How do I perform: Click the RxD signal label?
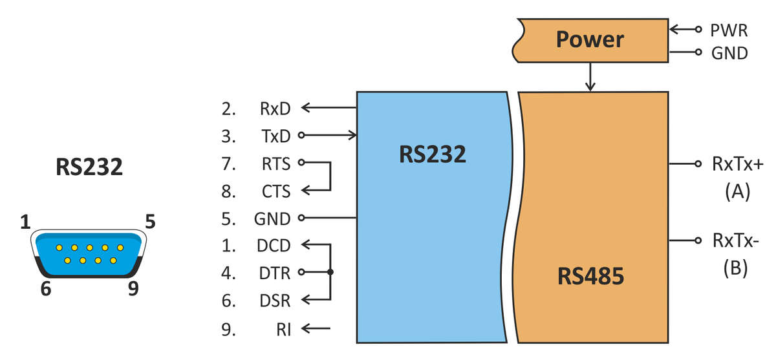[x=275, y=109]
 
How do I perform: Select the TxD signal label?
[x=275, y=136]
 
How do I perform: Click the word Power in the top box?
[x=590, y=39]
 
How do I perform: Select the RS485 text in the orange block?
[x=590, y=277]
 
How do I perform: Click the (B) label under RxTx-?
[x=735, y=268]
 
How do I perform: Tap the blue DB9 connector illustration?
[x=89, y=254]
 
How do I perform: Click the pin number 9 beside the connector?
[x=133, y=288]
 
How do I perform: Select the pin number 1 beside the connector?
[x=25, y=223]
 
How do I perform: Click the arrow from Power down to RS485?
[x=589, y=77]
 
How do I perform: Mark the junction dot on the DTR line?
[x=330, y=273]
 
